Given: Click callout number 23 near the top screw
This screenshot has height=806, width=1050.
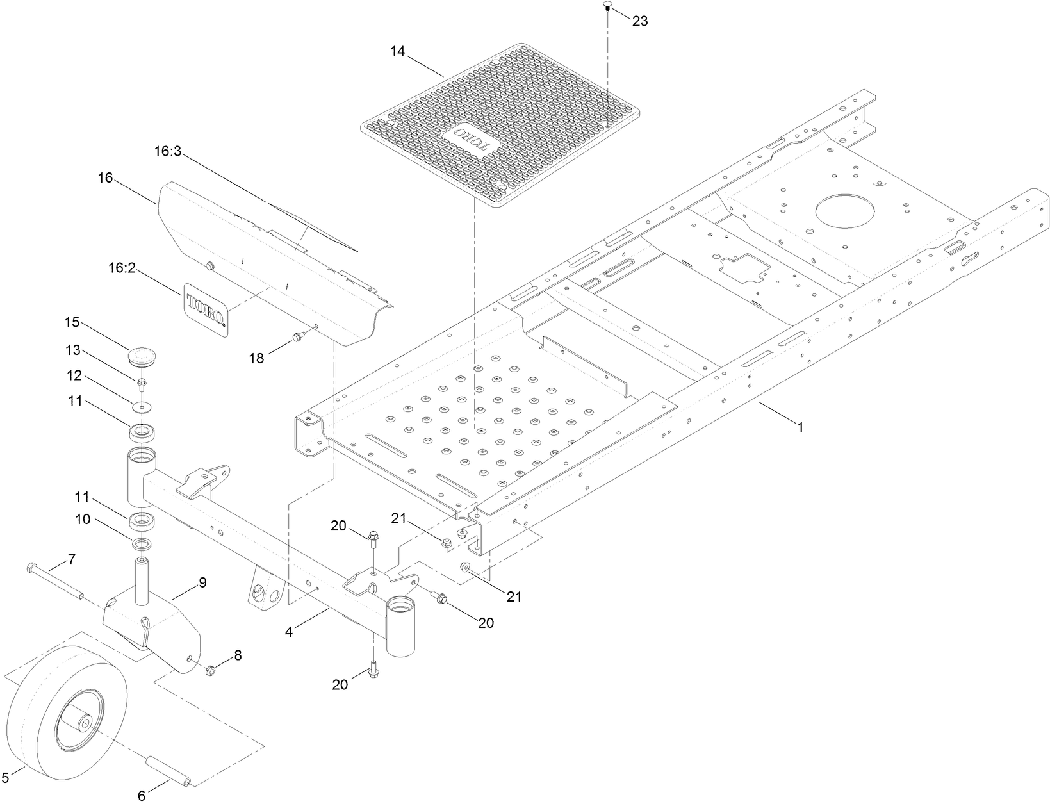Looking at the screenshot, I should tap(640, 21).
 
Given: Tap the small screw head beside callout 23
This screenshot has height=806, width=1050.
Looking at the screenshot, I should tap(607, 6).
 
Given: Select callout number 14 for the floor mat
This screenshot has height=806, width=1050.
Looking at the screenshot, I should tap(398, 51).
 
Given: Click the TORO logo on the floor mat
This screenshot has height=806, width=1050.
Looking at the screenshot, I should tap(469, 137).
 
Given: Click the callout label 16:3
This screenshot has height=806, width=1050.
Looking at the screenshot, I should tap(168, 151).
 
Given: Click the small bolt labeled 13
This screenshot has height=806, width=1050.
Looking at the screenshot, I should tap(142, 384).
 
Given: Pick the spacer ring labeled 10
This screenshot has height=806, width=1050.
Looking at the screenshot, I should tap(143, 544).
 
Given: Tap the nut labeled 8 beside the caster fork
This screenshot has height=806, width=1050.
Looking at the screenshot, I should tap(209, 671).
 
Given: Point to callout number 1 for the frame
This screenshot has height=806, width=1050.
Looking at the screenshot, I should tap(800, 427).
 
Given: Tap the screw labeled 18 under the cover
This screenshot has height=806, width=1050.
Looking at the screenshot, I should tap(297, 336).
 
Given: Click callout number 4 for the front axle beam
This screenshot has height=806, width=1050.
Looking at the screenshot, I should tap(289, 632).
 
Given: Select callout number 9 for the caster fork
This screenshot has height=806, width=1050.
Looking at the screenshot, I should tap(202, 582).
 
